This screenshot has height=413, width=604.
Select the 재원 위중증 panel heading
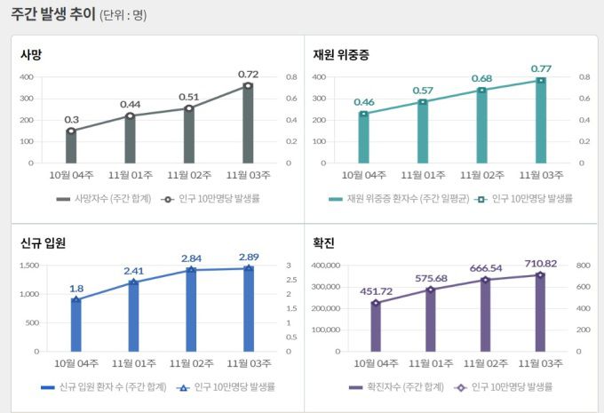click(x=341, y=54)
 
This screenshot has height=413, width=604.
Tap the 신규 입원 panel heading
click(x=43, y=242)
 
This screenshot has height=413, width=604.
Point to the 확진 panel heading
click(x=323, y=242)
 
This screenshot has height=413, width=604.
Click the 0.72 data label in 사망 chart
click(x=248, y=73)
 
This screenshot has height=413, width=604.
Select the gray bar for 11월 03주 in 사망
click(x=248, y=124)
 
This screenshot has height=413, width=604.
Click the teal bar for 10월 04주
click(x=363, y=138)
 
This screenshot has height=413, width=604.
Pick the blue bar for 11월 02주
click(x=191, y=311)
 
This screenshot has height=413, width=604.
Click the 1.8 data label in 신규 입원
click(x=76, y=289)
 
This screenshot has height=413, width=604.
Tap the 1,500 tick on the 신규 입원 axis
click(x=28, y=266)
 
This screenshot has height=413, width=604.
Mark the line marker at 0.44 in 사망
click(x=131, y=115)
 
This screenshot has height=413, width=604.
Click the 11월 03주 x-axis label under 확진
click(x=540, y=363)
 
